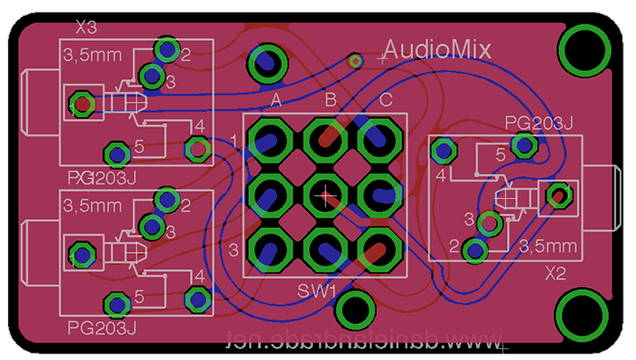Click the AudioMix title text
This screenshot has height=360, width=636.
point(437,49)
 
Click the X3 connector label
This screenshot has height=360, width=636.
point(87,25)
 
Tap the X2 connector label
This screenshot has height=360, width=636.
point(556,273)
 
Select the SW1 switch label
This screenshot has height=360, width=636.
point(317,291)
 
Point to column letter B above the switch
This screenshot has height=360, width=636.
point(331,99)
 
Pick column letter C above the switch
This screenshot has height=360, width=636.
point(385,99)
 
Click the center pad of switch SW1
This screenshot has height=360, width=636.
point(324,193)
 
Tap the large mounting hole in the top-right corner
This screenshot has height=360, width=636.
point(584,51)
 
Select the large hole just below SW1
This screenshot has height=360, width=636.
point(354,310)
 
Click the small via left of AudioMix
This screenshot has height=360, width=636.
point(356,61)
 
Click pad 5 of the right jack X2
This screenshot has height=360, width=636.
point(523,144)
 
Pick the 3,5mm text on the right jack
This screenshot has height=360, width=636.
point(548,245)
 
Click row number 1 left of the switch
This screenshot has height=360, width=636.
point(234,141)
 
